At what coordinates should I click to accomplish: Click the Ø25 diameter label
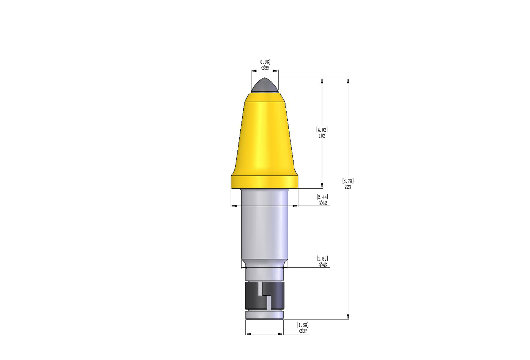click(265, 68)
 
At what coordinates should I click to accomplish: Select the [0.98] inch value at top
click(265, 62)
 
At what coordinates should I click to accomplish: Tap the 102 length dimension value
click(322, 136)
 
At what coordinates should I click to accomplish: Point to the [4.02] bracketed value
click(322, 130)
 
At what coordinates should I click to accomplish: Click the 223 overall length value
click(348, 187)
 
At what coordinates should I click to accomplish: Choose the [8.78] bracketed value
click(348, 181)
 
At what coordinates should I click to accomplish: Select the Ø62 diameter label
click(323, 203)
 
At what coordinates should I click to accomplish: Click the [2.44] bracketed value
click(322, 197)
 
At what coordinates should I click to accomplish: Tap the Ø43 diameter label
click(323, 265)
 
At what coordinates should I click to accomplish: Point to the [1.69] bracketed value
click(322, 259)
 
